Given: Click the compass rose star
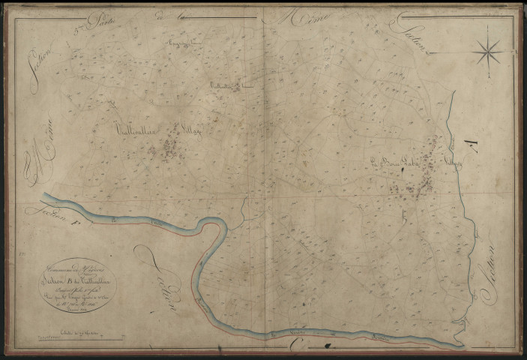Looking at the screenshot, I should click(489, 50).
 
